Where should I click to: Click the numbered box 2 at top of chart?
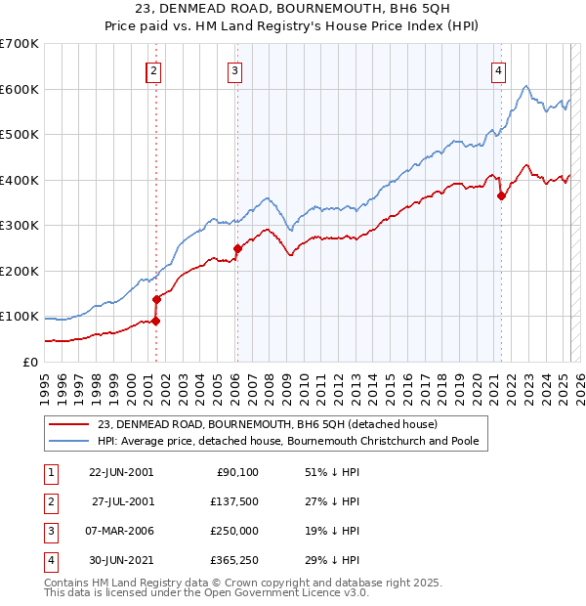click(154, 70)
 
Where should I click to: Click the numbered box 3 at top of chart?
click(236, 70)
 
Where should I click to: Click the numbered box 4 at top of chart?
click(498, 70)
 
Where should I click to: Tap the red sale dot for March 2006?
click(236, 248)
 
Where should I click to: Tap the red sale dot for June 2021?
click(501, 196)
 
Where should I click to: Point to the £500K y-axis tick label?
click(20, 134)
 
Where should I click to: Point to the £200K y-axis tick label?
click(20, 271)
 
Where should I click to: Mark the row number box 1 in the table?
click(49, 472)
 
